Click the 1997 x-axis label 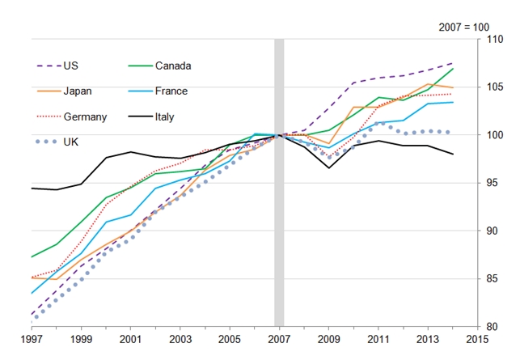pos(32,340)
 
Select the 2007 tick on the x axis pos(280,340)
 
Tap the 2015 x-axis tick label pos(477,340)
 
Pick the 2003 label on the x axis pos(180,340)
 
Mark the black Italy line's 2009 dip pos(329,168)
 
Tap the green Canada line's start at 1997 pos(32,257)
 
